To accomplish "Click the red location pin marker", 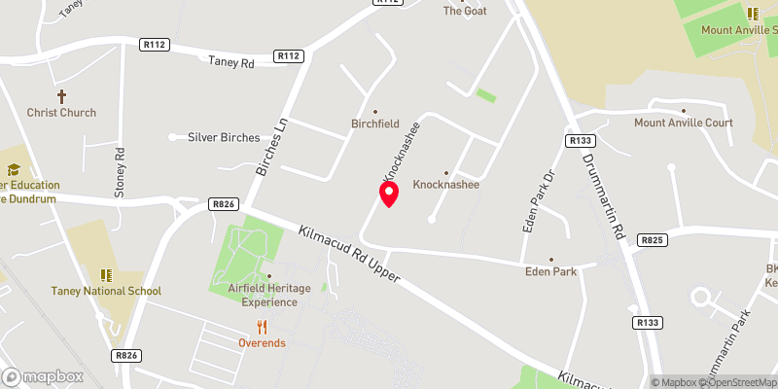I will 389,194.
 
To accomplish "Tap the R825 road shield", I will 652,239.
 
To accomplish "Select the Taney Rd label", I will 230,60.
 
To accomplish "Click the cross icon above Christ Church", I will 61,96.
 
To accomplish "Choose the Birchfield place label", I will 375,124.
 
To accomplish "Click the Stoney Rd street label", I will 121,172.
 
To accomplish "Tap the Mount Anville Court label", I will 683,123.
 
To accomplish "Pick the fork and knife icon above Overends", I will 261,327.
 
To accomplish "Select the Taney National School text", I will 107,291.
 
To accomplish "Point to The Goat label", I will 465,11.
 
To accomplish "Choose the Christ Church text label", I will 61,113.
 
